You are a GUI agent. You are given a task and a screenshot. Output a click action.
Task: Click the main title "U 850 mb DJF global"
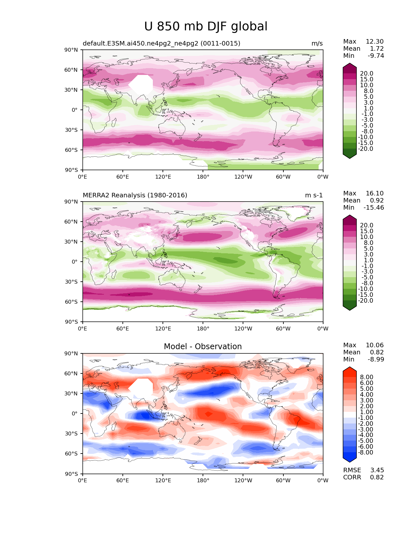click(206, 26)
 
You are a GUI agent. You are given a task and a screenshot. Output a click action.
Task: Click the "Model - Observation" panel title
click(203, 346)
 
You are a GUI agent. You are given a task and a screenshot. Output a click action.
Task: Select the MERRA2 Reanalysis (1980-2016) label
click(135, 195)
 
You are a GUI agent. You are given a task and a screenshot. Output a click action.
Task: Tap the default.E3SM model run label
click(162, 43)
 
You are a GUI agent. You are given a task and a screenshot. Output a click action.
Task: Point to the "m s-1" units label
click(314, 195)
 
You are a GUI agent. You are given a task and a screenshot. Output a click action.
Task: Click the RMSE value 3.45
click(377, 470)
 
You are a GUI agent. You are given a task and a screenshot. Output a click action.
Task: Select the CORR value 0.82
click(377, 477)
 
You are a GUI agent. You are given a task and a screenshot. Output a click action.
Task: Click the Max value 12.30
click(375, 41)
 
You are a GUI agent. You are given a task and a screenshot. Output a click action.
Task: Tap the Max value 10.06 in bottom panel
click(375, 345)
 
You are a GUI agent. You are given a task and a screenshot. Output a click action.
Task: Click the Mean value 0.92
click(377, 200)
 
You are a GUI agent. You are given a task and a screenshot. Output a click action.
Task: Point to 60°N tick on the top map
click(71, 70)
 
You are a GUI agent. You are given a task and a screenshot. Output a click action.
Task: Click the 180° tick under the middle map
click(203, 329)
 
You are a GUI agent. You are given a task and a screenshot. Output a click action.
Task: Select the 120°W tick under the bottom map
click(243, 481)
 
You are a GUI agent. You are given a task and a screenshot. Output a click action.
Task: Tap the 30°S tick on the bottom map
click(71, 434)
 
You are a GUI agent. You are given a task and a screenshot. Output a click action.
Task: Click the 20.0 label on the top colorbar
click(367, 73)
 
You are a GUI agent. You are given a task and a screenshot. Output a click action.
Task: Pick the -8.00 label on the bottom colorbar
click(365, 452)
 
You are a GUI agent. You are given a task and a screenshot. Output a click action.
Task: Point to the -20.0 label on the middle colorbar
click(365, 300)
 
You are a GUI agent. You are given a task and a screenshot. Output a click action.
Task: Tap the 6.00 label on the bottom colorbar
click(367, 383)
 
